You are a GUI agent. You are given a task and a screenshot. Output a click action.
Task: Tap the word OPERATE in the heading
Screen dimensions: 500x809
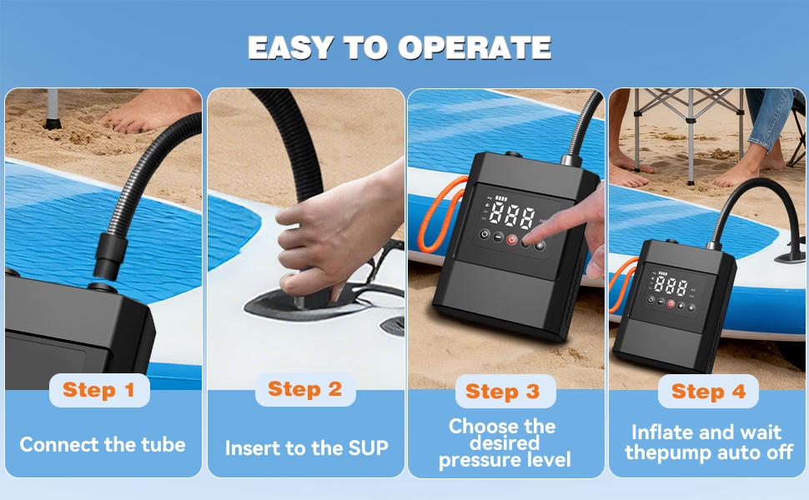[x=475, y=47]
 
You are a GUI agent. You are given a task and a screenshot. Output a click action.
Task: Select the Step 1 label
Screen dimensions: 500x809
[x=98, y=390]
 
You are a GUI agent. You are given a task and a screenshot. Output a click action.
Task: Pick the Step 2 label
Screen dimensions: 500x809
[x=304, y=389]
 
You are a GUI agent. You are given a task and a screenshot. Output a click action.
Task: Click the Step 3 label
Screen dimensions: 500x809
[x=503, y=392]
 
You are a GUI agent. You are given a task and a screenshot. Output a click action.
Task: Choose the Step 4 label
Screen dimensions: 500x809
[x=708, y=392]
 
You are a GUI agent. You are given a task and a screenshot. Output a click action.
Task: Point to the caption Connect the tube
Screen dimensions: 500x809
[x=103, y=445]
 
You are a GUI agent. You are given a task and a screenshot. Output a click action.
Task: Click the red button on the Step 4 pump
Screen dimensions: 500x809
[x=670, y=304]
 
